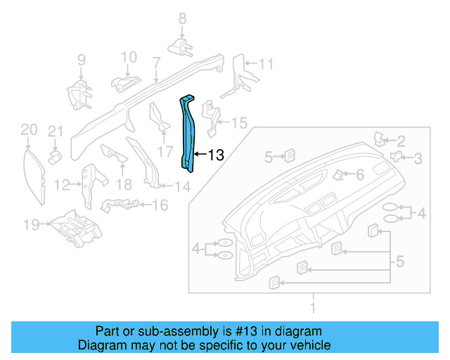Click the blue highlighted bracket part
pos(189,134)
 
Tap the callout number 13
pos(215,155)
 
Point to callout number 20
pos(28,129)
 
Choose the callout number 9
pos(81,60)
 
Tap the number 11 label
pos(265,64)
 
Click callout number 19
pos(30,225)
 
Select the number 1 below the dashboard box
pos(314,307)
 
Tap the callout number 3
pos(418,158)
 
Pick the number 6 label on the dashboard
pos(359,174)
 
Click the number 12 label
pos(63,185)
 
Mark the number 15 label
pos(239,123)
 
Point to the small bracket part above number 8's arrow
pos(181,46)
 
